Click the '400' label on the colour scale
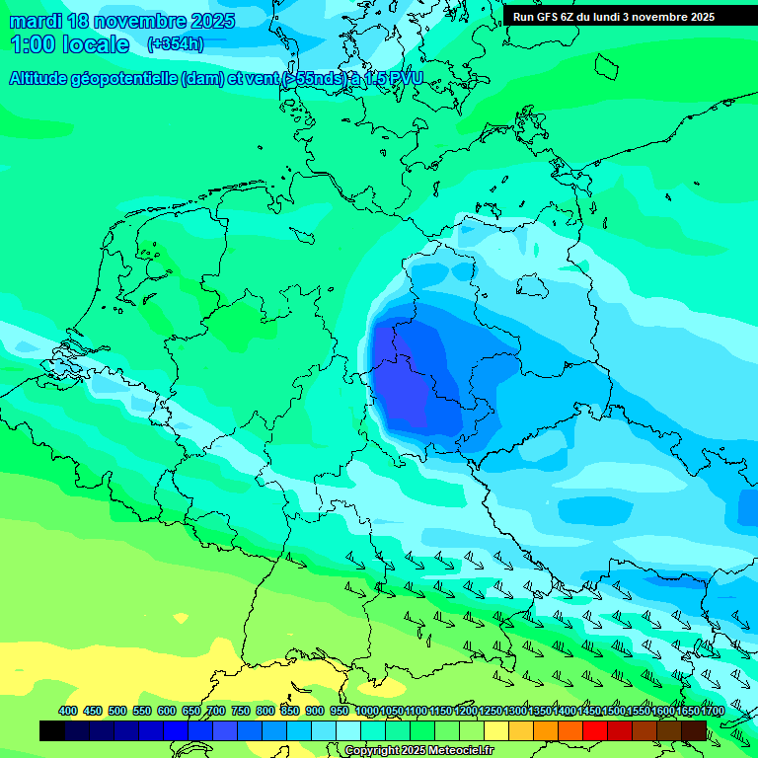(68, 712)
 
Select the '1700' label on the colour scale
(712, 712)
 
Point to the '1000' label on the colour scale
(366, 712)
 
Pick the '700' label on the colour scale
(216, 712)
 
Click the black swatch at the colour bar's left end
(51, 730)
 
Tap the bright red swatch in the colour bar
(594, 730)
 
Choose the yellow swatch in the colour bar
(495, 730)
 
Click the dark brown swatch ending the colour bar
(694, 730)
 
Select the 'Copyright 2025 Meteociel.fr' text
(417, 751)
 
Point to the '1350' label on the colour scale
(539, 712)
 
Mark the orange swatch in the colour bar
(545, 730)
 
